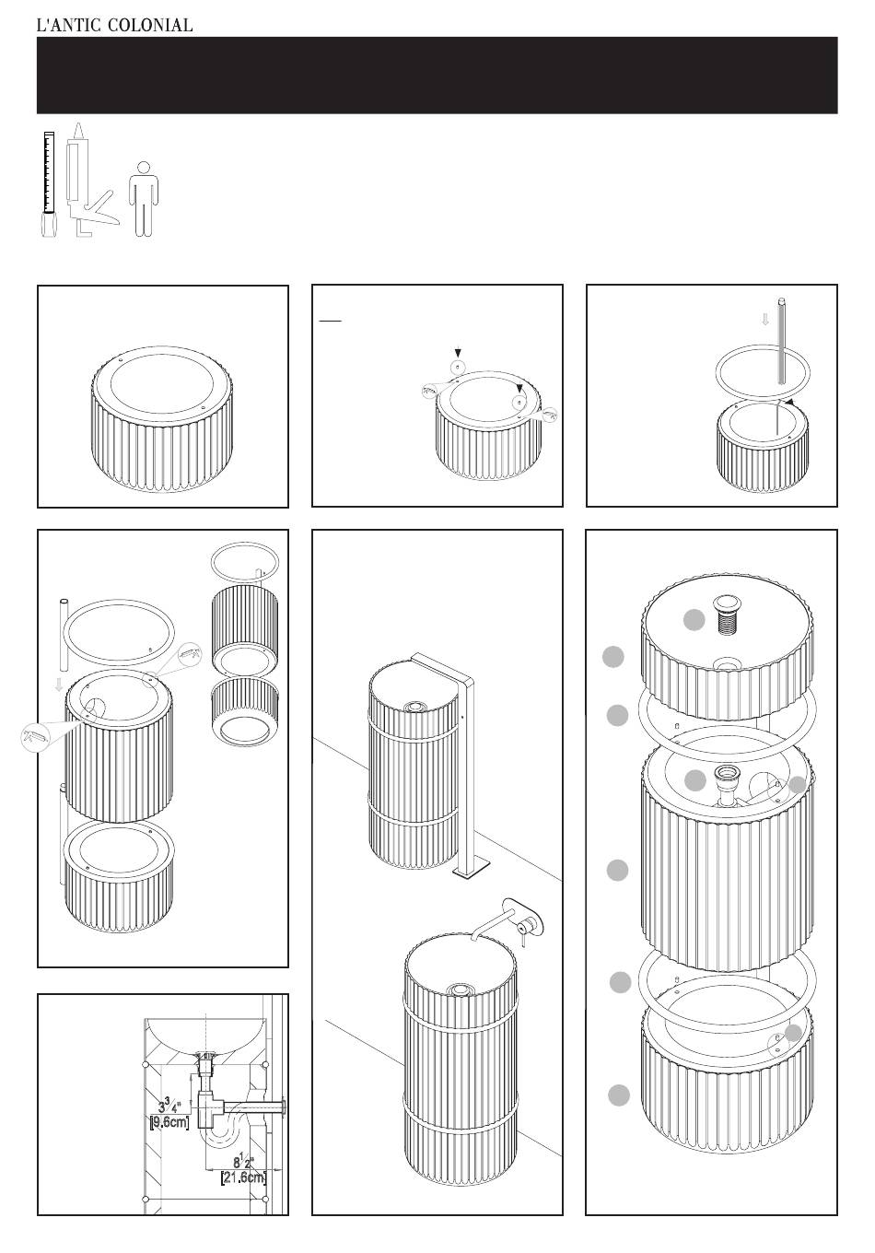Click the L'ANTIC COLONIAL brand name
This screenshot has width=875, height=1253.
tap(114, 25)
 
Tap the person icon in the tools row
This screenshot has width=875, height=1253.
tap(144, 199)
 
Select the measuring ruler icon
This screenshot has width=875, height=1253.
tap(49, 184)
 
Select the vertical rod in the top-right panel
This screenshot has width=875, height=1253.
tap(780, 341)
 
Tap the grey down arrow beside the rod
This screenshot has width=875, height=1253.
tap(765, 320)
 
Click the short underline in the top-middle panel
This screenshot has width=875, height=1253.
tap(330, 321)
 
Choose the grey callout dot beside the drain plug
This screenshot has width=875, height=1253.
tap(694, 620)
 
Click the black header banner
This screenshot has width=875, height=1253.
tap(437, 75)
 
